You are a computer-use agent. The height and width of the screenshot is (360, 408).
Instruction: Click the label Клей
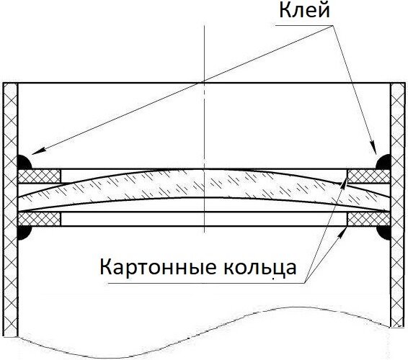click(x=304, y=11)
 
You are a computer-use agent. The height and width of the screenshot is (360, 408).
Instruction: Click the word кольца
click(x=260, y=267)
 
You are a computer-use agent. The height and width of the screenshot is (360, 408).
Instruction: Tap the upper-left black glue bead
click(x=24, y=162)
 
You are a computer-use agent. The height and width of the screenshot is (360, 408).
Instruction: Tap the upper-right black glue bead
click(x=383, y=162)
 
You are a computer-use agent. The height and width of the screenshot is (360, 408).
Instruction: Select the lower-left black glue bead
click(x=24, y=233)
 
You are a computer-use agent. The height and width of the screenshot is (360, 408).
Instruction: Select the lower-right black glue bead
click(x=383, y=233)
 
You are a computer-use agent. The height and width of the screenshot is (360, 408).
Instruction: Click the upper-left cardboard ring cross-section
click(x=40, y=176)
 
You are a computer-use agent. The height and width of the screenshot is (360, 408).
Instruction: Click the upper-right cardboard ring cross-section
click(x=369, y=176)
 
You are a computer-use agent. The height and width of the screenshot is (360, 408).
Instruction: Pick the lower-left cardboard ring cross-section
click(x=40, y=219)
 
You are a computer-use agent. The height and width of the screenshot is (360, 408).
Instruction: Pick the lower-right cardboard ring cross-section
click(x=369, y=219)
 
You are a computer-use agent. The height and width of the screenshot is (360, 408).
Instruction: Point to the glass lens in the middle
click(x=204, y=184)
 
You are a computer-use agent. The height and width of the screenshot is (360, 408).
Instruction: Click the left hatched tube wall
click(x=10, y=210)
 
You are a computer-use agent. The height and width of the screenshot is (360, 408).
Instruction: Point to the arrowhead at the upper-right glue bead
click(x=373, y=147)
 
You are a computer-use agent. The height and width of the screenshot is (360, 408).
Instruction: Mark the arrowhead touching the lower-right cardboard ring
click(x=342, y=232)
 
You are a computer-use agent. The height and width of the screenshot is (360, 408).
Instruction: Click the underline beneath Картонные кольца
click(x=205, y=283)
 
